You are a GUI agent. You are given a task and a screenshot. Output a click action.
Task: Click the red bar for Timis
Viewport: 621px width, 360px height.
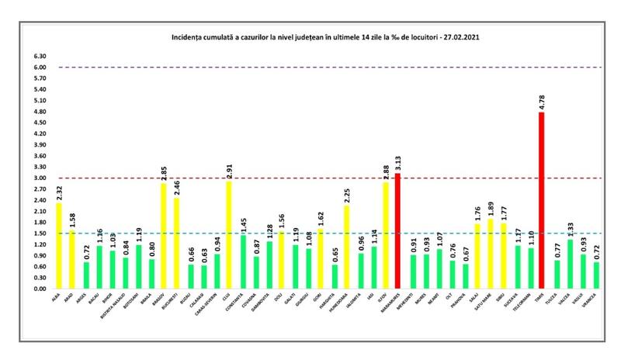tap(541, 200)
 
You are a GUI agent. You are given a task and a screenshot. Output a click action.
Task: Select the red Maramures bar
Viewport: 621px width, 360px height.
tap(397, 230)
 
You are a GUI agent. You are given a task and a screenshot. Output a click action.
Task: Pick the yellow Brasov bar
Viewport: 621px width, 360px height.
tap(164, 236)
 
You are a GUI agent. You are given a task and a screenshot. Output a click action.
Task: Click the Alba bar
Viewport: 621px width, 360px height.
tap(59, 245)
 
